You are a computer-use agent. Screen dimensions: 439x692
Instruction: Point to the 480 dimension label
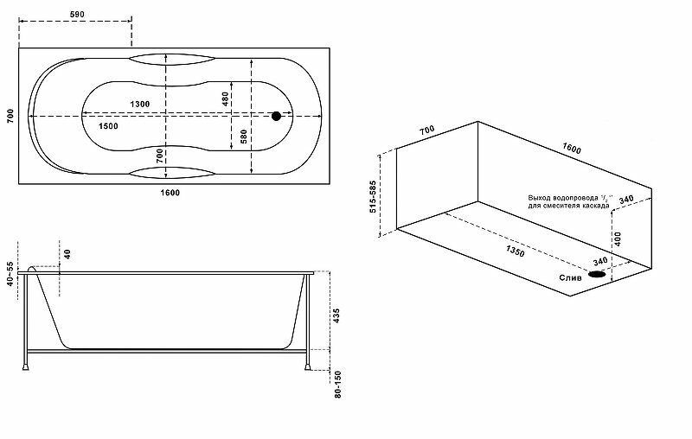(x=226, y=99)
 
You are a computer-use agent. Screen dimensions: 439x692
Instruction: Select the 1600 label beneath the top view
(x=170, y=192)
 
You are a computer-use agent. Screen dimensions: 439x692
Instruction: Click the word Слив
(x=569, y=277)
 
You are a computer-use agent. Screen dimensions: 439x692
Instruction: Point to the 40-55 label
(x=10, y=276)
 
